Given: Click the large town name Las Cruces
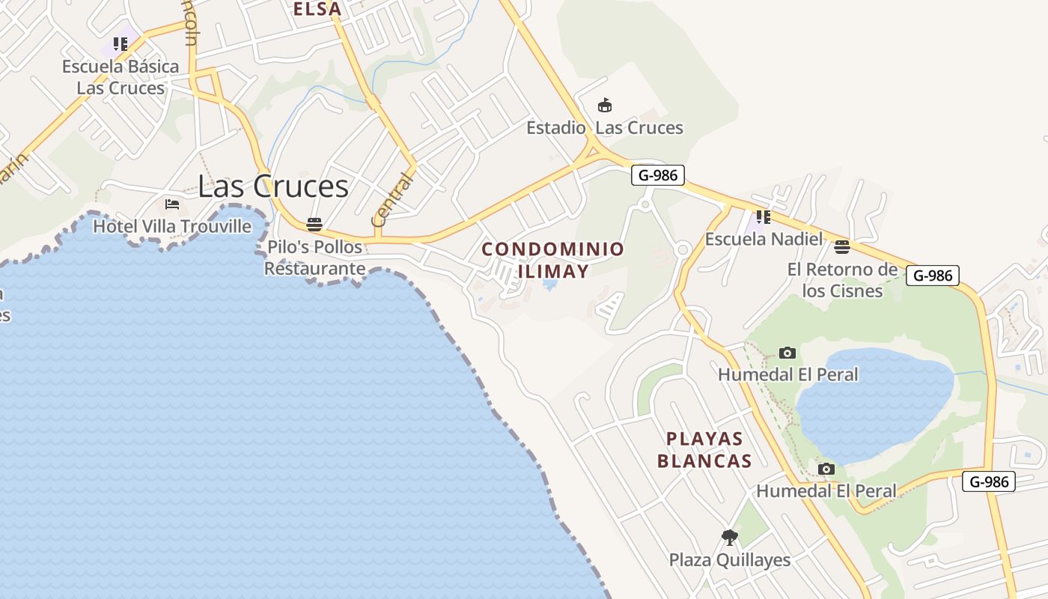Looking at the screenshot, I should click(x=273, y=186).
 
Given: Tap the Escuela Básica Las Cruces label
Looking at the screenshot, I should click(x=121, y=77).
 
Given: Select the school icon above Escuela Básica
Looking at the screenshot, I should click(x=121, y=44).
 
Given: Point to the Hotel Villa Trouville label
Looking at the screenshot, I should click(x=172, y=226).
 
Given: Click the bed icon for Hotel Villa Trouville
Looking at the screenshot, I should click(x=172, y=204).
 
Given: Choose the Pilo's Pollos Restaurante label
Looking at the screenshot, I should click(x=314, y=258).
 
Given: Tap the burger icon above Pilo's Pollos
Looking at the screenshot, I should click(x=314, y=225).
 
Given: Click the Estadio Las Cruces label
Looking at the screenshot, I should click(x=605, y=128).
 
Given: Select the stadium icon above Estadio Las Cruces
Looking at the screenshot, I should click(x=605, y=106).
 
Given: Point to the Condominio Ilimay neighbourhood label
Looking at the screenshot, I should click(x=553, y=260).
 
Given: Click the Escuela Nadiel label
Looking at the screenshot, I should click(x=764, y=240).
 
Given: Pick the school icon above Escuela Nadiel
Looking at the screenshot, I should click(x=763, y=217).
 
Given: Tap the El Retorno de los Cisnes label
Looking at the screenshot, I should click(x=842, y=280).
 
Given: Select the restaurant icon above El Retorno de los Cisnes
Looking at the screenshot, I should click(x=842, y=246).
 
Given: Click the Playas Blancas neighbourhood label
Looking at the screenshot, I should click(x=704, y=450).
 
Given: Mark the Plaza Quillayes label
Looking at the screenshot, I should click(x=730, y=560).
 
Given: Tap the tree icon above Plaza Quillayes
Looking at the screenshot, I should click(x=730, y=537).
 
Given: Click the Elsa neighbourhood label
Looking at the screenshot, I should click(x=317, y=9).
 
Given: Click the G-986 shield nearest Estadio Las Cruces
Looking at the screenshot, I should click(x=658, y=175).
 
